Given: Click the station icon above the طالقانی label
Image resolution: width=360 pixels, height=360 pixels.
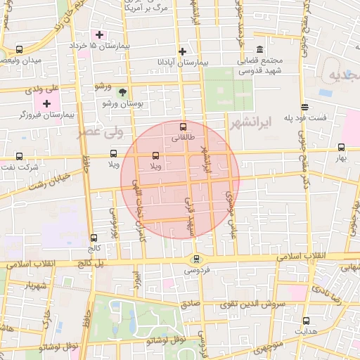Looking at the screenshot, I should tap(184, 127).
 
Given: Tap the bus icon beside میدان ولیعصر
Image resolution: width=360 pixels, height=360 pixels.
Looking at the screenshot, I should tap(19, 50).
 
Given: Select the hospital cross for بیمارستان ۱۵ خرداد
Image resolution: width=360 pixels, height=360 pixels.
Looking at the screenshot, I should tap(100, 34).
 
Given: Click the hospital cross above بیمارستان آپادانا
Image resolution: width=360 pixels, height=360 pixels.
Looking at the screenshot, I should tap(183, 51).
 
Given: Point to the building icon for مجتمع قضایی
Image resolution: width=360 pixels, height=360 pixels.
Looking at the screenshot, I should tap(260, 49).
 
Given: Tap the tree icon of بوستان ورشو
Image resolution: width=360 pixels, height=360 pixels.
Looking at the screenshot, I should tap(122, 92).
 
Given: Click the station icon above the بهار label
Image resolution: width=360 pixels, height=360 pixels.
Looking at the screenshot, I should tap(341, 148).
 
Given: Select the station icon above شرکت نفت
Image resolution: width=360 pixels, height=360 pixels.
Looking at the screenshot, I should tap(19, 156).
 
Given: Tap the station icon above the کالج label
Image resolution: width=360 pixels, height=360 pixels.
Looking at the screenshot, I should tap(94, 238).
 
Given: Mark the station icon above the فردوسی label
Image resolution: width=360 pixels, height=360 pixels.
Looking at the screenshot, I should tap(196, 259).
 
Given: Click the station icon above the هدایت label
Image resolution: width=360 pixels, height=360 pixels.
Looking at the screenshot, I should tap(305, 321).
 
